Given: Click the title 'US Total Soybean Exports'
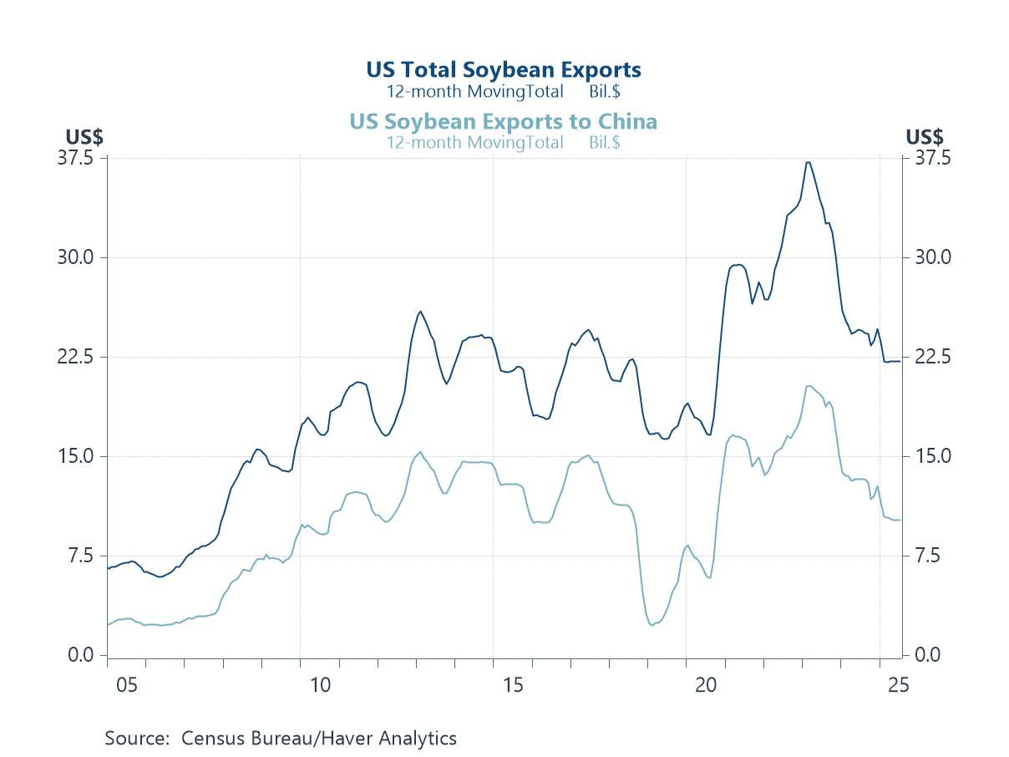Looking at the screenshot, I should tap(504, 70).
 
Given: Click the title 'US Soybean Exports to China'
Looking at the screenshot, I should tap(504, 122).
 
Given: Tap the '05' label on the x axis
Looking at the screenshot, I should tap(127, 686).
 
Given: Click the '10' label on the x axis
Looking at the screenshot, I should tap(320, 686).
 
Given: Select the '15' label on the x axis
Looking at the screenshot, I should tap(513, 686).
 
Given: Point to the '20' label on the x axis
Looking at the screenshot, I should tap(706, 686).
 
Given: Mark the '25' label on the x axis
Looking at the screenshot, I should tap(898, 686).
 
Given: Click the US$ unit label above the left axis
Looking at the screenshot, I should tap(84, 137).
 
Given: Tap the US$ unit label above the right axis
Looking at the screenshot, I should tap(924, 137).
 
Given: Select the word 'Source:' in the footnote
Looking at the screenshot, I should tap(138, 739).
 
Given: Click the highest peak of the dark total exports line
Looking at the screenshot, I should tap(808, 162).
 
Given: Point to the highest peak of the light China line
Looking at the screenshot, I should tap(809, 386).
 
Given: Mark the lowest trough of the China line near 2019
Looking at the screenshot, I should tap(652, 625).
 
